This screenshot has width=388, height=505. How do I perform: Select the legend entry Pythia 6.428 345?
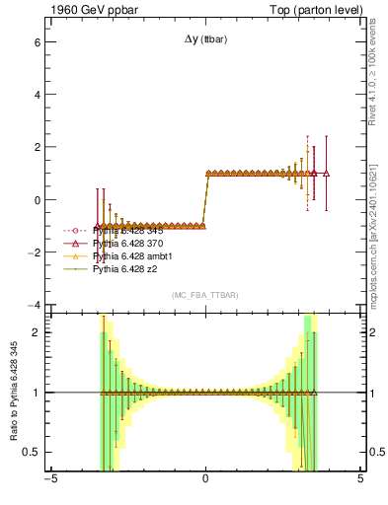point(129,230)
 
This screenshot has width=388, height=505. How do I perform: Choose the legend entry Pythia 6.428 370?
point(129,243)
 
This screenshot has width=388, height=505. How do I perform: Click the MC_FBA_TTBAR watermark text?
point(204,295)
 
